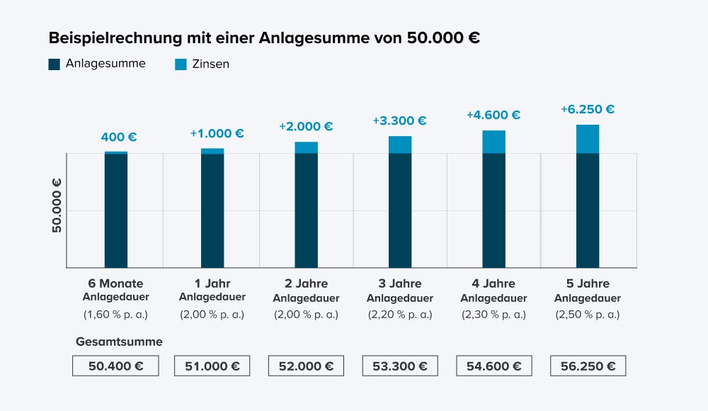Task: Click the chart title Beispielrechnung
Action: (x=264, y=38)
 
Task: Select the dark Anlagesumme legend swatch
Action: (x=55, y=64)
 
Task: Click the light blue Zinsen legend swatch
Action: (x=181, y=64)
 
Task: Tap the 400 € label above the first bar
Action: (x=118, y=137)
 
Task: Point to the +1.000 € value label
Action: (x=217, y=133)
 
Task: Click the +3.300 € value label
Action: (x=399, y=121)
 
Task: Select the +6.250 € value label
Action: (x=587, y=109)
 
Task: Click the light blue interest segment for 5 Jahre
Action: (x=587, y=139)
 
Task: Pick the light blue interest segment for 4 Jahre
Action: (x=493, y=142)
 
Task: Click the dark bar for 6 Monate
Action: (x=116, y=210)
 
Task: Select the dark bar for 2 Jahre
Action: (x=306, y=210)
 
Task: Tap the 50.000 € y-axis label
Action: (x=57, y=205)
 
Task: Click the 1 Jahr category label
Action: (x=212, y=284)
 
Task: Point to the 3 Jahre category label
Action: (x=400, y=284)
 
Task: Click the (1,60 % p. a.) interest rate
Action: (x=116, y=315)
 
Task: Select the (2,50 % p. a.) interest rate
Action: (x=588, y=315)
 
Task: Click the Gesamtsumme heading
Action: (x=119, y=342)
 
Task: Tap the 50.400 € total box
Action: (x=115, y=366)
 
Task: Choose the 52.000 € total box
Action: (x=306, y=366)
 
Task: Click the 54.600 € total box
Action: (x=493, y=366)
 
